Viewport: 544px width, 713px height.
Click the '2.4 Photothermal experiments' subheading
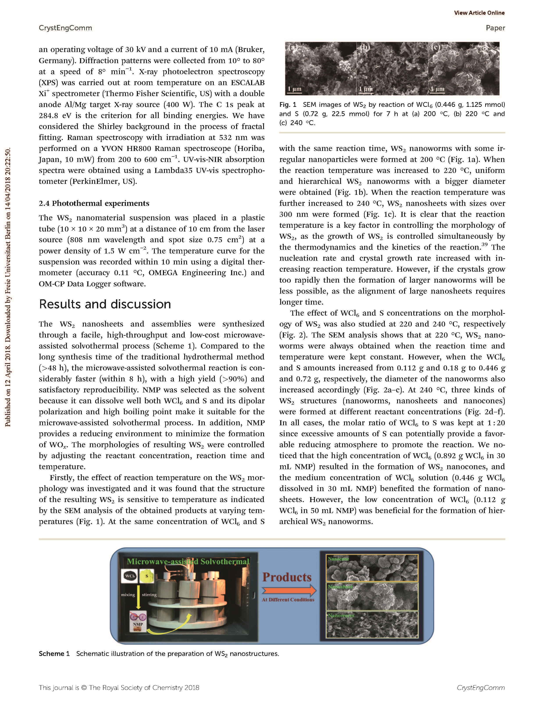(94, 203)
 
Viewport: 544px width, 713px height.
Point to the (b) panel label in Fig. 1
(365, 48)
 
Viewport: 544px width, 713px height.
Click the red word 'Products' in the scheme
(287, 577)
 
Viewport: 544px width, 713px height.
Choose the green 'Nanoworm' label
(341, 615)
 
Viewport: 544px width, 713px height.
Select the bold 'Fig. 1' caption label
(288, 105)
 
